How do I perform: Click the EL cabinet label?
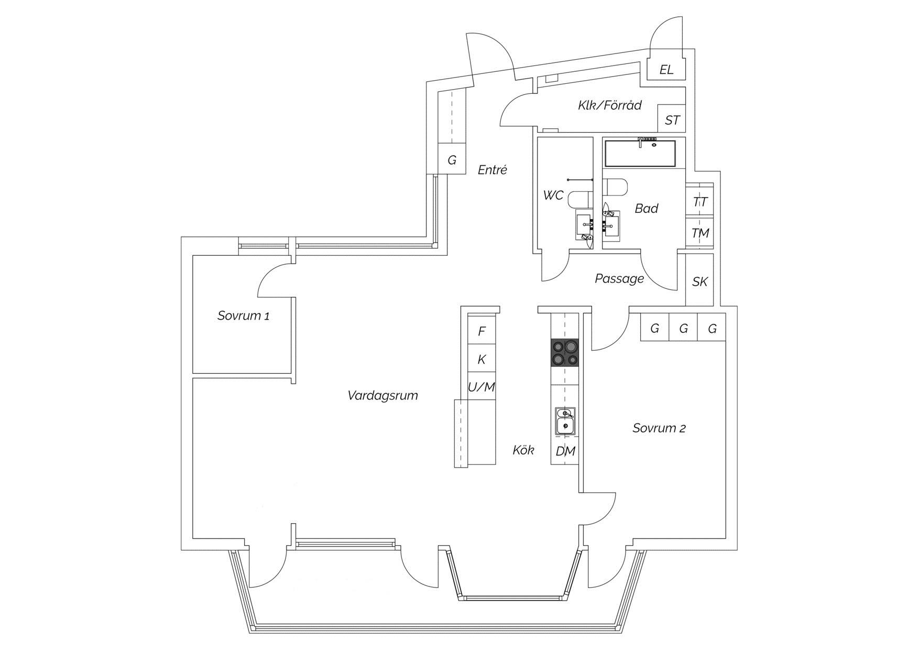tap(666, 70)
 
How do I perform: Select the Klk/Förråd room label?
tap(610, 105)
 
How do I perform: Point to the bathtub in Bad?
tap(640, 153)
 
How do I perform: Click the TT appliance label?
tap(700, 202)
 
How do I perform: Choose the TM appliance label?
tap(701, 233)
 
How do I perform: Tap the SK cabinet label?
tap(700, 281)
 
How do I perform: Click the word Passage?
tap(619, 278)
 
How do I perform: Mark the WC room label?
tap(553, 196)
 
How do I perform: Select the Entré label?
tap(493, 170)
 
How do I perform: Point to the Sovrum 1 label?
tap(244, 316)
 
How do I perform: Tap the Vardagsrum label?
tap(383, 395)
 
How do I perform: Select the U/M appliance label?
tap(482, 387)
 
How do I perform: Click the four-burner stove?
tap(565, 353)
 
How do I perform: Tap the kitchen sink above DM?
tap(565, 421)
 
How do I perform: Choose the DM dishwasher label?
tap(565, 451)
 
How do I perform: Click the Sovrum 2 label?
tap(659, 428)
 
